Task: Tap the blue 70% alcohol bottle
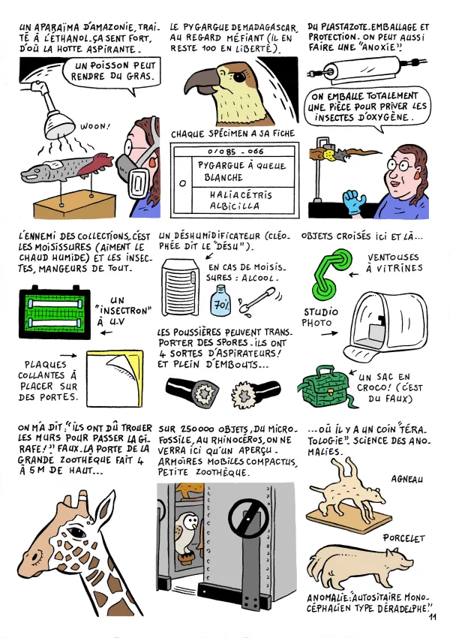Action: tap(220, 302)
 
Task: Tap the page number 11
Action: tap(433, 617)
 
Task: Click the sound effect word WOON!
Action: tap(94, 127)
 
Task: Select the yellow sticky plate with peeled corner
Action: tap(114, 373)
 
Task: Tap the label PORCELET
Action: tap(403, 538)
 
